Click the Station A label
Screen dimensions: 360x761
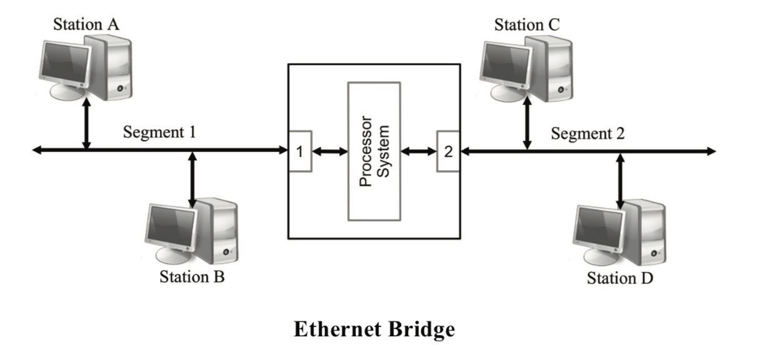click(x=86, y=24)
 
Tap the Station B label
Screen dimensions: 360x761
click(x=192, y=276)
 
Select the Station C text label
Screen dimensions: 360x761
click(x=527, y=25)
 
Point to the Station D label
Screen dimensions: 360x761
click(x=620, y=278)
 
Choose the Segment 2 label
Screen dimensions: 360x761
click(x=588, y=133)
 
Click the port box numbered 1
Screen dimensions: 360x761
click(x=299, y=151)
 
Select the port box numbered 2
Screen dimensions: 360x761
click(x=448, y=151)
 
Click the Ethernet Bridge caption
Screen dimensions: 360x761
click(x=374, y=330)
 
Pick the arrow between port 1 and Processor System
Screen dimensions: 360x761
click(x=329, y=151)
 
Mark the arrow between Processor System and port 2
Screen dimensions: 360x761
click(x=419, y=151)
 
